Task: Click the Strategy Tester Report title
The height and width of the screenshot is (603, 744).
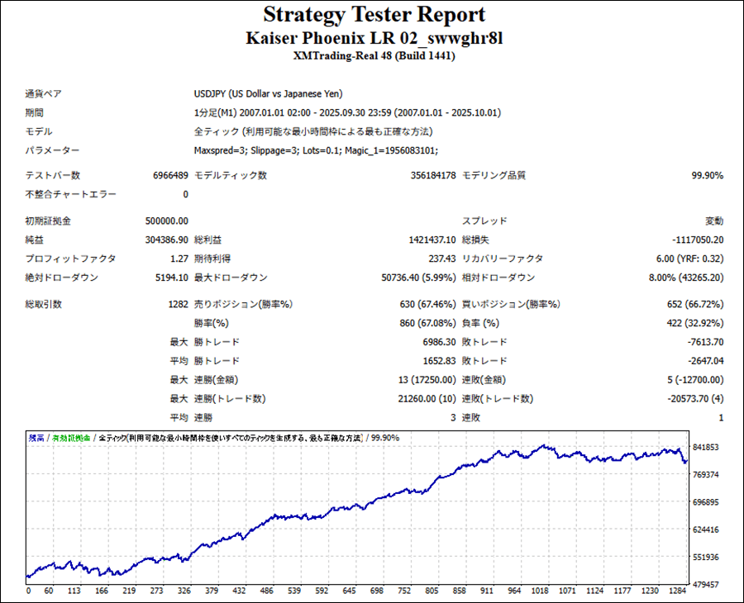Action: tap(374, 16)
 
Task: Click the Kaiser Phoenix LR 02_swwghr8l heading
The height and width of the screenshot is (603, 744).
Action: tap(374, 38)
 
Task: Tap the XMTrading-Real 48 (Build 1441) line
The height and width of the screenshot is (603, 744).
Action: tap(374, 56)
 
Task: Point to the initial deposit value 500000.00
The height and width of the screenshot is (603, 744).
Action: tap(166, 221)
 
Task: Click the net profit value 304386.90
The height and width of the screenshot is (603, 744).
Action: tap(165, 240)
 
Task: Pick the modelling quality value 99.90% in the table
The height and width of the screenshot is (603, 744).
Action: tap(707, 175)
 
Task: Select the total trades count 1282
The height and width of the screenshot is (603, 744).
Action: tap(178, 304)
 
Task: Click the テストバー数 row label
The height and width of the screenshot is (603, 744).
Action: tap(53, 175)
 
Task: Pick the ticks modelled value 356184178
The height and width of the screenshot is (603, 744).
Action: tap(433, 175)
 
